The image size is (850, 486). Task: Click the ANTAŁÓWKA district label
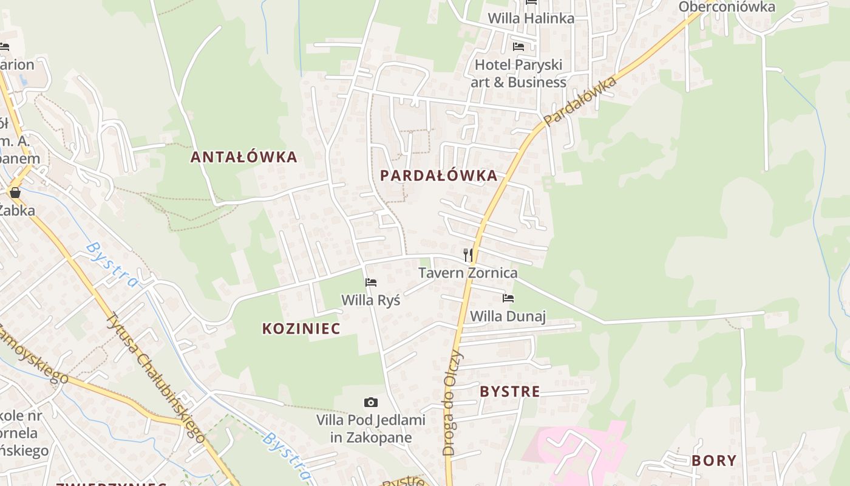(244, 157)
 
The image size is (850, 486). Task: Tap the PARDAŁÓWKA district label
(438, 176)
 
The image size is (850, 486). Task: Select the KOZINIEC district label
(301, 329)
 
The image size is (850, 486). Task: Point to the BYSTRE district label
(509, 392)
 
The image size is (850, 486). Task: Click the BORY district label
(714, 460)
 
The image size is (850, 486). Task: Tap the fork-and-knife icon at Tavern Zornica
(468, 255)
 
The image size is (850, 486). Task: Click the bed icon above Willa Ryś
(371, 282)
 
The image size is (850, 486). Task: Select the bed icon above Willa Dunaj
(508, 298)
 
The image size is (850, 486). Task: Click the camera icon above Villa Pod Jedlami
(370, 402)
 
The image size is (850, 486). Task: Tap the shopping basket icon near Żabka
(15, 193)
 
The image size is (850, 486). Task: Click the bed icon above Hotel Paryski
(518, 46)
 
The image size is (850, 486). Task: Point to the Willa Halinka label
(531, 18)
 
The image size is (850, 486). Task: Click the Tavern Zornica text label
(467, 273)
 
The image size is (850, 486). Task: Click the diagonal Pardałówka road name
(580, 101)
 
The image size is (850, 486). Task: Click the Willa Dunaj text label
(508, 316)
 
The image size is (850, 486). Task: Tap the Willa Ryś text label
(370, 300)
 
